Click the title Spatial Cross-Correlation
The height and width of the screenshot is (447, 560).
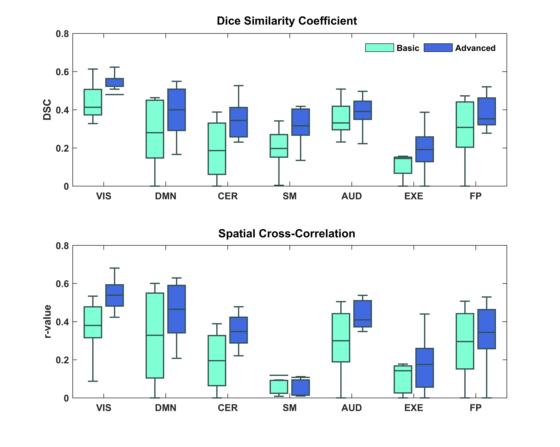287,234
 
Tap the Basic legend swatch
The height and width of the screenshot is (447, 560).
379,48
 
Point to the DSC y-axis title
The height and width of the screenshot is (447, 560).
47,110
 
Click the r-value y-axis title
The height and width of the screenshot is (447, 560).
47,321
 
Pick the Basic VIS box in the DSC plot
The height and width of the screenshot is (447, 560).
93,102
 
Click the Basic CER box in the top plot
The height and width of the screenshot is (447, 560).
217,149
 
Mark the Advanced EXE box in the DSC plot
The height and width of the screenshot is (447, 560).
424,149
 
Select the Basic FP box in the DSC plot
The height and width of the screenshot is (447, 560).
465,125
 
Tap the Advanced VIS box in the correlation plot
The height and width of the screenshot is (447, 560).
114,295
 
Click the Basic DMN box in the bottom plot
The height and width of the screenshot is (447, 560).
155,335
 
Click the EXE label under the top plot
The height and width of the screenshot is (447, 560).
414,196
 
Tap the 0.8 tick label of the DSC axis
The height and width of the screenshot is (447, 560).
62,34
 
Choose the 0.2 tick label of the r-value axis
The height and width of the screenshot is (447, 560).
62,360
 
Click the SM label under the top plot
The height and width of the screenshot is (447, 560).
290,196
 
